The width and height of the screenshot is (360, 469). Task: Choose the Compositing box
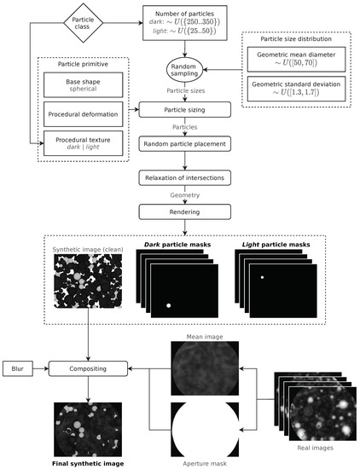point(89,369)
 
